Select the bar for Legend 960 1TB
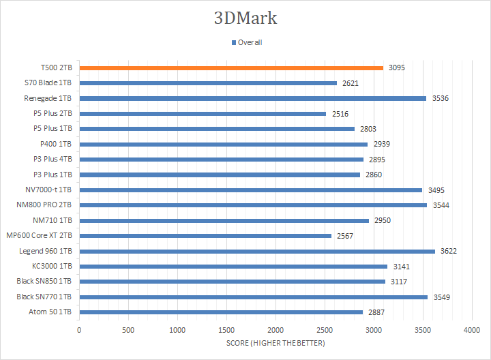(x=257, y=251)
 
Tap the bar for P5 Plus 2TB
(x=203, y=113)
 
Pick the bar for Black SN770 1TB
(x=253, y=297)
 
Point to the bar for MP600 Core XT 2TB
(x=205, y=236)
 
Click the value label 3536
(x=441, y=98)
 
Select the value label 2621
(x=351, y=83)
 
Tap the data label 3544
(x=441, y=205)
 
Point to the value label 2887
(x=376, y=312)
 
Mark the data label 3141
(x=401, y=266)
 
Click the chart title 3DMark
(x=245, y=18)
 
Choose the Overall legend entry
(x=247, y=42)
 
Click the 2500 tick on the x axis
(x=325, y=329)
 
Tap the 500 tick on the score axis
(x=128, y=329)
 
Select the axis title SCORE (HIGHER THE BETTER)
(x=276, y=342)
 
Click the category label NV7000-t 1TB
(x=48, y=190)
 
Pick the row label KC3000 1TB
(x=51, y=266)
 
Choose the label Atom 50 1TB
(x=53, y=312)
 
